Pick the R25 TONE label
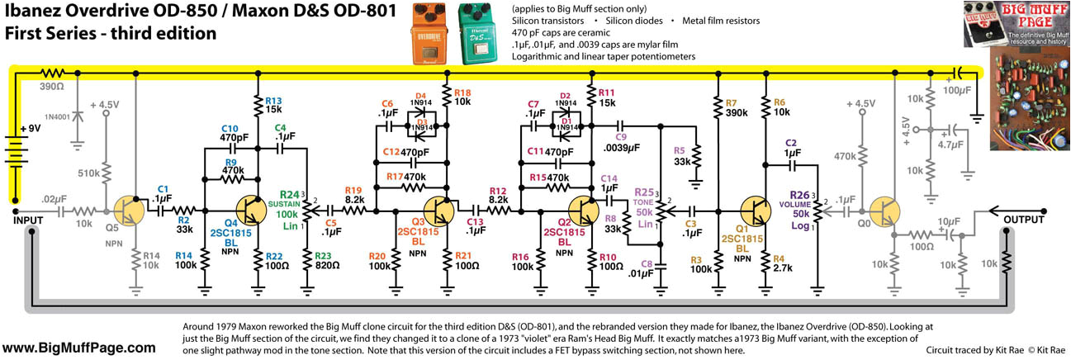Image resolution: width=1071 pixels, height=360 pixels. (643, 201)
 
